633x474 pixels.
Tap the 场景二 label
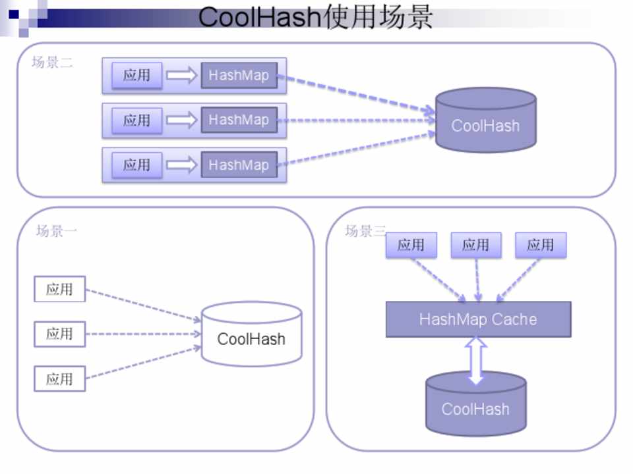(x=52, y=63)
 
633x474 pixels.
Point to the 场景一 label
(x=57, y=231)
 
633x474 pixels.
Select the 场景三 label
(x=365, y=231)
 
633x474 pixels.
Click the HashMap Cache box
(x=478, y=319)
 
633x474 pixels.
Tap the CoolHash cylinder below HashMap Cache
(x=475, y=404)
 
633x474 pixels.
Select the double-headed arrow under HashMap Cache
(x=476, y=360)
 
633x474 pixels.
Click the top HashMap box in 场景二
(x=239, y=75)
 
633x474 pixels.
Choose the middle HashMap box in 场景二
(x=239, y=120)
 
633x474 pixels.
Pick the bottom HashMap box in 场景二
(x=239, y=165)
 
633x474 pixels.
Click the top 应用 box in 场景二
(x=136, y=75)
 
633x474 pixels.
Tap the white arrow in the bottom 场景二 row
(x=182, y=165)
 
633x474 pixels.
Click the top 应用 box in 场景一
(x=59, y=289)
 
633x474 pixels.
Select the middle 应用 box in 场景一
(x=59, y=334)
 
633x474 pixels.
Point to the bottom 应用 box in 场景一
(x=59, y=379)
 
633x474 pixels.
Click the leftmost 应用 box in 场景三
(x=411, y=245)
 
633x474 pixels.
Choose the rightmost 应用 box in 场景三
(x=540, y=245)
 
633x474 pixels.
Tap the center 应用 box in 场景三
(x=475, y=245)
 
